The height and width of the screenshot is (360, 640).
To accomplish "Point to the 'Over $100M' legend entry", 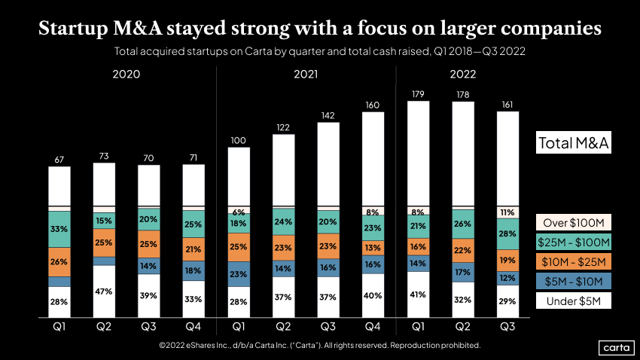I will click(573, 223).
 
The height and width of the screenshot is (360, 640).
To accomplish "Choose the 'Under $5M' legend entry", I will click(573, 301).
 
